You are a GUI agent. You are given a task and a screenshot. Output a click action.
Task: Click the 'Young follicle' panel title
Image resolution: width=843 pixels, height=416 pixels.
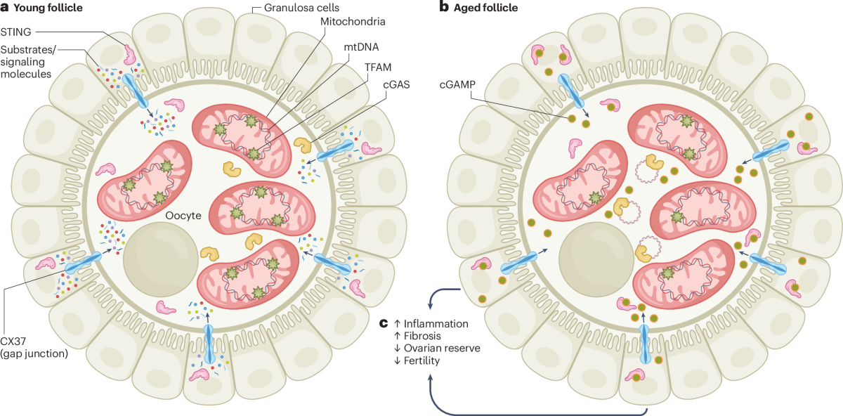48,8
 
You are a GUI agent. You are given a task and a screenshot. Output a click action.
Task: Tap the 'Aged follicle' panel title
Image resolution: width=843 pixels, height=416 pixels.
485,8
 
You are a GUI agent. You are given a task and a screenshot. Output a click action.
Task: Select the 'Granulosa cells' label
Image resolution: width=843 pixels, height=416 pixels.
301,8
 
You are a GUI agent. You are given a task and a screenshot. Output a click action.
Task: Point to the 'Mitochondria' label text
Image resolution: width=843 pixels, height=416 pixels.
353,22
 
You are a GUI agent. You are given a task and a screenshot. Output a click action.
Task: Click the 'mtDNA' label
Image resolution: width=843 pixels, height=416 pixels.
361,47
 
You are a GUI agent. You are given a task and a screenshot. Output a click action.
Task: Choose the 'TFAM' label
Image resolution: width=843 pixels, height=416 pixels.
378,67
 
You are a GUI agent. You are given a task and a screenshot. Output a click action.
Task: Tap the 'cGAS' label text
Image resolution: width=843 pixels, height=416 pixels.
396,85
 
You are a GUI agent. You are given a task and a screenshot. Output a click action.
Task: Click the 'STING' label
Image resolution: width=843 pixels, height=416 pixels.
15,32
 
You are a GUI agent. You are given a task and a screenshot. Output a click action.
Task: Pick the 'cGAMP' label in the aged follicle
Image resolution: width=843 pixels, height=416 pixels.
457,85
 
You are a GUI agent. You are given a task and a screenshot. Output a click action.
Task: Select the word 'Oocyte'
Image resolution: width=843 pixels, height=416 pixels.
183,216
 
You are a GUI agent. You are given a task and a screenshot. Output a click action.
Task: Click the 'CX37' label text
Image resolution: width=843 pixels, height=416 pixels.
13,342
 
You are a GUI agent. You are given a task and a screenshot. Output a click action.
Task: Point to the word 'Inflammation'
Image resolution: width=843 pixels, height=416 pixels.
436,324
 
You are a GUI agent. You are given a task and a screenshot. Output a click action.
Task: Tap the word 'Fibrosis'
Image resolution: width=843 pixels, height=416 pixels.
422,336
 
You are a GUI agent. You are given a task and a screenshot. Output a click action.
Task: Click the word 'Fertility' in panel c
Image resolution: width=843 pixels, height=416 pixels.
421,360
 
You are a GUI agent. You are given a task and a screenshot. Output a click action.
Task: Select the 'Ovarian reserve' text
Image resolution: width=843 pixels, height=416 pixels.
442,349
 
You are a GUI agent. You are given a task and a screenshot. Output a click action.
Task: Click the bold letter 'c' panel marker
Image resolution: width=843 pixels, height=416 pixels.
384,323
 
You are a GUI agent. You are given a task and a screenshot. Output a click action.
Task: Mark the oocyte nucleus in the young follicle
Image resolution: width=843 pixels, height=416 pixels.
161,259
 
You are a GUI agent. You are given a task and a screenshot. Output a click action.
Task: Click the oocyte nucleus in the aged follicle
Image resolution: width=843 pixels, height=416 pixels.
596,259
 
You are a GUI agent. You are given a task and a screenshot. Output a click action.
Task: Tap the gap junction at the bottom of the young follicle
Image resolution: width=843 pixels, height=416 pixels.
209,344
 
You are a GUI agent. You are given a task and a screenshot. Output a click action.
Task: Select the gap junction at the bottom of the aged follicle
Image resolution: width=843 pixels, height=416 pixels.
645,344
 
